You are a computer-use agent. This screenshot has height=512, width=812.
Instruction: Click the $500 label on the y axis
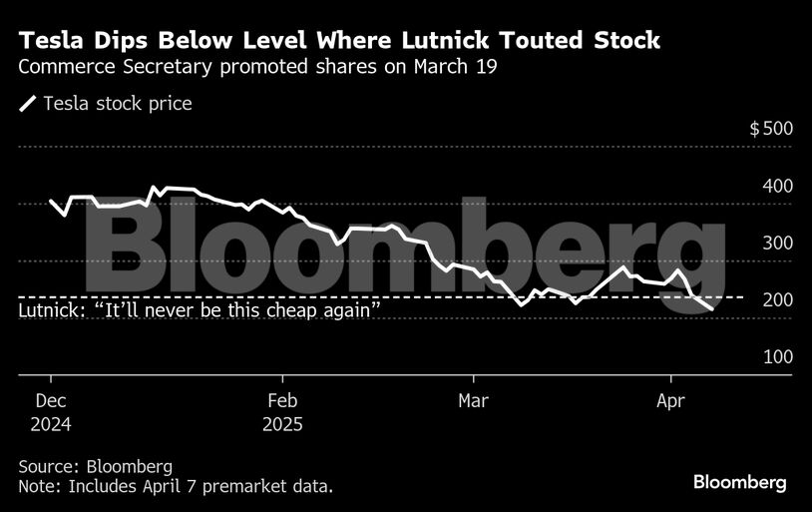tap(770, 129)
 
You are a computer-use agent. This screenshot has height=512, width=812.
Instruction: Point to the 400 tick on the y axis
tap(777, 186)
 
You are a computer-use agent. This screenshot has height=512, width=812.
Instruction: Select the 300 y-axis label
tap(777, 243)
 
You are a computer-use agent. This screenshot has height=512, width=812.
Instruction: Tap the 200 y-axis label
tap(777, 299)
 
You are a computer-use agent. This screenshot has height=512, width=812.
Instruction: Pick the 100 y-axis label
tap(777, 356)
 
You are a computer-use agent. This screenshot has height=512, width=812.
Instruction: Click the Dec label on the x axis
tap(50, 400)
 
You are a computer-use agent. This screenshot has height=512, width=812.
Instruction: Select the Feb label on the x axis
tap(282, 400)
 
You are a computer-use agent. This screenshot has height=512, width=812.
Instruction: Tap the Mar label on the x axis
tap(473, 400)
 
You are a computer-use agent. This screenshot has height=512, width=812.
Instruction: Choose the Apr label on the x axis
tap(670, 400)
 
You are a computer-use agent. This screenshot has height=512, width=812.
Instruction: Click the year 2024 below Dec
tap(51, 423)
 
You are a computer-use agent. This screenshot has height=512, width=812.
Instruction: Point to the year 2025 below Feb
tap(283, 423)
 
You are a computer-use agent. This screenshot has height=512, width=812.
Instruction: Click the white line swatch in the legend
tap(27, 104)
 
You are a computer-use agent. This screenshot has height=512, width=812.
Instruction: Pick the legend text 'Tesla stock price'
tap(117, 104)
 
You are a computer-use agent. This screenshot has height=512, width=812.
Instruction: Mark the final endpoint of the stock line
tap(711, 310)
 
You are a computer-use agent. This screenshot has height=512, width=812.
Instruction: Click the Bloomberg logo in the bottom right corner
tap(739, 482)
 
